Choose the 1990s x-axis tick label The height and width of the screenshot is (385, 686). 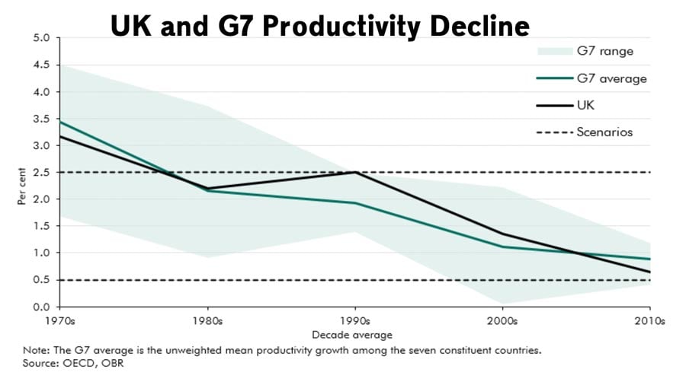click(x=356, y=321)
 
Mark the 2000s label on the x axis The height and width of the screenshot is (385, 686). click(x=503, y=321)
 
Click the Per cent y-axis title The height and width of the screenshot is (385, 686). click(x=24, y=189)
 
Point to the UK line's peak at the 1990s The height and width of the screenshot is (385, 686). click(x=356, y=172)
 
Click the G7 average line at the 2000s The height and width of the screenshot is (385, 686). click(x=503, y=247)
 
